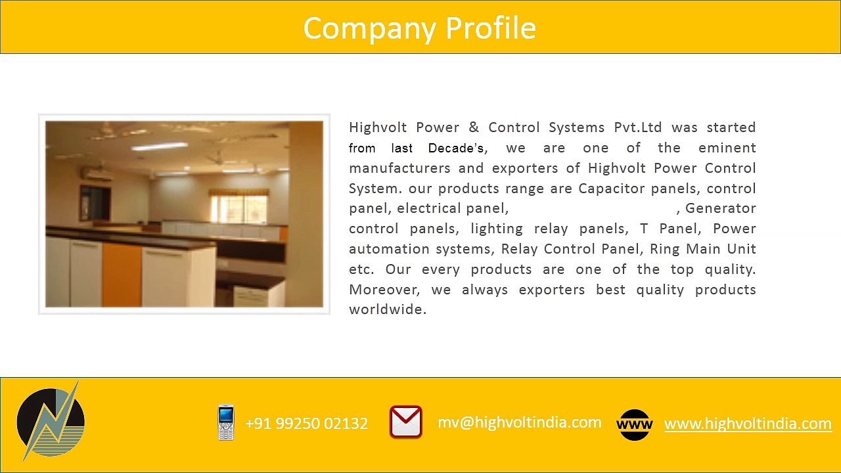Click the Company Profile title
(419, 28)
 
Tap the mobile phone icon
(225, 422)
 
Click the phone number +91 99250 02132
(306, 424)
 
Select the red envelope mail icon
(405, 422)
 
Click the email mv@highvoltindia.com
(519, 422)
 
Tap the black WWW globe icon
(634, 424)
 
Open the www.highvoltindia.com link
(748, 424)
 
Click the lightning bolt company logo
(51, 421)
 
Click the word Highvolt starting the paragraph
(378, 127)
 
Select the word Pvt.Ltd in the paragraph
(637, 127)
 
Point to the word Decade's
(457, 148)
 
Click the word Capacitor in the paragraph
(612, 189)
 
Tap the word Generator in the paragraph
(720, 208)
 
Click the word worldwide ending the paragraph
(387, 309)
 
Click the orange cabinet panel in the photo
(122, 274)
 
